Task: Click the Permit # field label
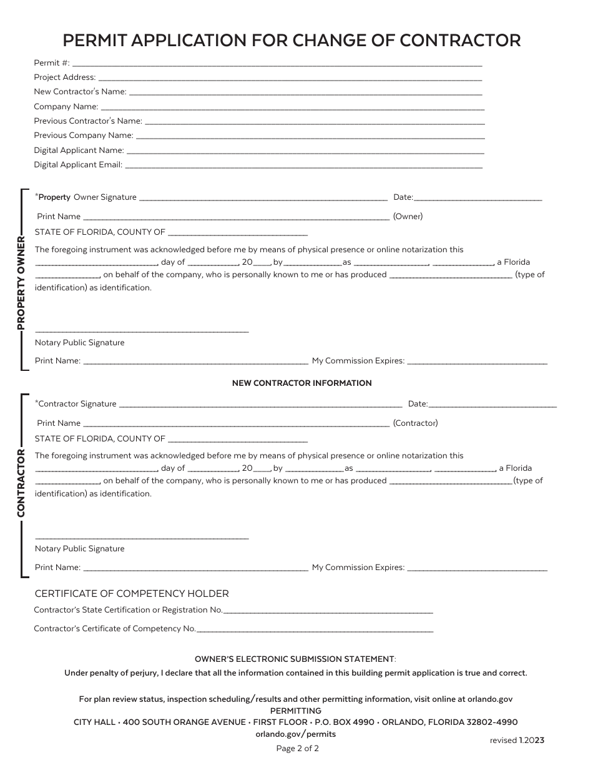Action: [x=52, y=63]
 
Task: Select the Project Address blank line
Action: [x=290, y=79]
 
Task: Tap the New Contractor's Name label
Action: [x=80, y=92]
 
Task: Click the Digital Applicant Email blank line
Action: [x=303, y=166]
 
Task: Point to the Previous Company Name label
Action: [x=84, y=135]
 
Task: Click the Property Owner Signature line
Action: [x=263, y=199]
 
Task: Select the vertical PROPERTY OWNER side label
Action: [x=21, y=282]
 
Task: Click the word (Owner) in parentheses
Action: [x=408, y=217]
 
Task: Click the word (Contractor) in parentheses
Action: [x=415, y=423]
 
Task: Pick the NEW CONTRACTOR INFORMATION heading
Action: [x=301, y=383]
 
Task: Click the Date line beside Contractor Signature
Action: [x=493, y=405]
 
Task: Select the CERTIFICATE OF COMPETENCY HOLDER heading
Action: [x=132, y=594]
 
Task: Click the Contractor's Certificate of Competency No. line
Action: [x=315, y=630]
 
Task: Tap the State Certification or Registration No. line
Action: [x=328, y=611]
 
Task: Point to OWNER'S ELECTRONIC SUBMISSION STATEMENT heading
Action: [x=295, y=659]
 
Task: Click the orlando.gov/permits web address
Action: [x=296, y=734]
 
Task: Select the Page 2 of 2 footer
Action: [x=297, y=749]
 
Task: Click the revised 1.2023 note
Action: [x=517, y=741]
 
